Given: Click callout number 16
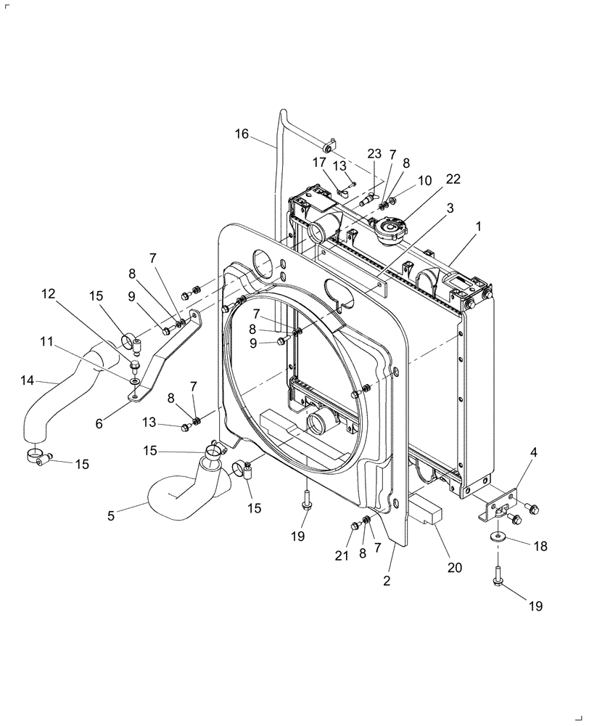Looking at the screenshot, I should [x=242, y=134].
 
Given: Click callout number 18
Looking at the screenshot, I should [x=540, y=546].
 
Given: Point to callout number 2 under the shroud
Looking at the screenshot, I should [x=387, y=581].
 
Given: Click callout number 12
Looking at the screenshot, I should [x=48, y=294].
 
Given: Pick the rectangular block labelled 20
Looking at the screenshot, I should [x=427, y=513].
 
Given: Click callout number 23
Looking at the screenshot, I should [x=374, y=154].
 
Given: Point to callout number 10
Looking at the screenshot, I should [x=424, y=180].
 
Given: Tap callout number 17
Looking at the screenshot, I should [x=320, y=162].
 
